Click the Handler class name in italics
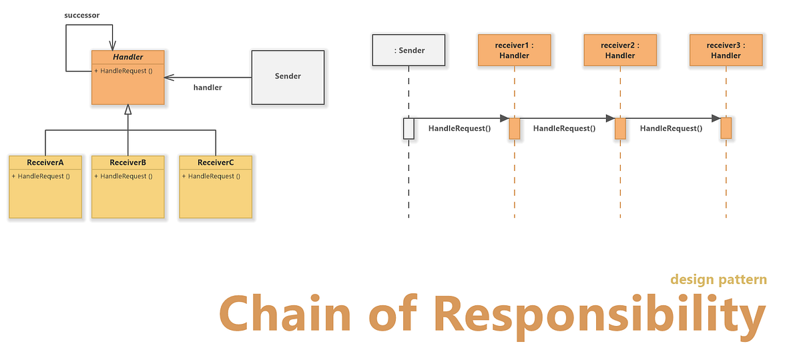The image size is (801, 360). click(x=127, y=57)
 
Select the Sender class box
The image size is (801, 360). click(x=288, y=77)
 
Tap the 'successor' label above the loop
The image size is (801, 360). click(x=82, y=15)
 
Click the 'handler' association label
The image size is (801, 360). click(x=208, y=87)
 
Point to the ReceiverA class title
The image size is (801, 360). click(x=45, y=162)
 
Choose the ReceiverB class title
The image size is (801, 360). click(x=127, y=162)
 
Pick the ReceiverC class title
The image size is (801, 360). click(x=216, y=162)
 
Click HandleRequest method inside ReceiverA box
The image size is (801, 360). click(x=41, y=176)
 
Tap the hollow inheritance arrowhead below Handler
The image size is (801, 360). click(x=127, y=110)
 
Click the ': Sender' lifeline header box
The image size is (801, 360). click(x=409, y=51)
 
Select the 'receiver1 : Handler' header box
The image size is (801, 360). click(x=514, y=51)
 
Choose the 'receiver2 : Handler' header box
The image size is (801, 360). click(x=620, y=51)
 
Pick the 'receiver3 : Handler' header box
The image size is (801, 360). click(x=726, y=51)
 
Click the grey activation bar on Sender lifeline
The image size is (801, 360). click(x=409, y=128)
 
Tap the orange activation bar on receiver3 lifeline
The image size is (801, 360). click(x=726, y=128)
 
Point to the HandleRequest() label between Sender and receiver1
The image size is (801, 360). click(x=459, y=128)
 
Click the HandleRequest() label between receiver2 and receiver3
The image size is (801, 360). click(x=671, y=128)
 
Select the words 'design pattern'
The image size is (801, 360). click(x=718, y=279)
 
